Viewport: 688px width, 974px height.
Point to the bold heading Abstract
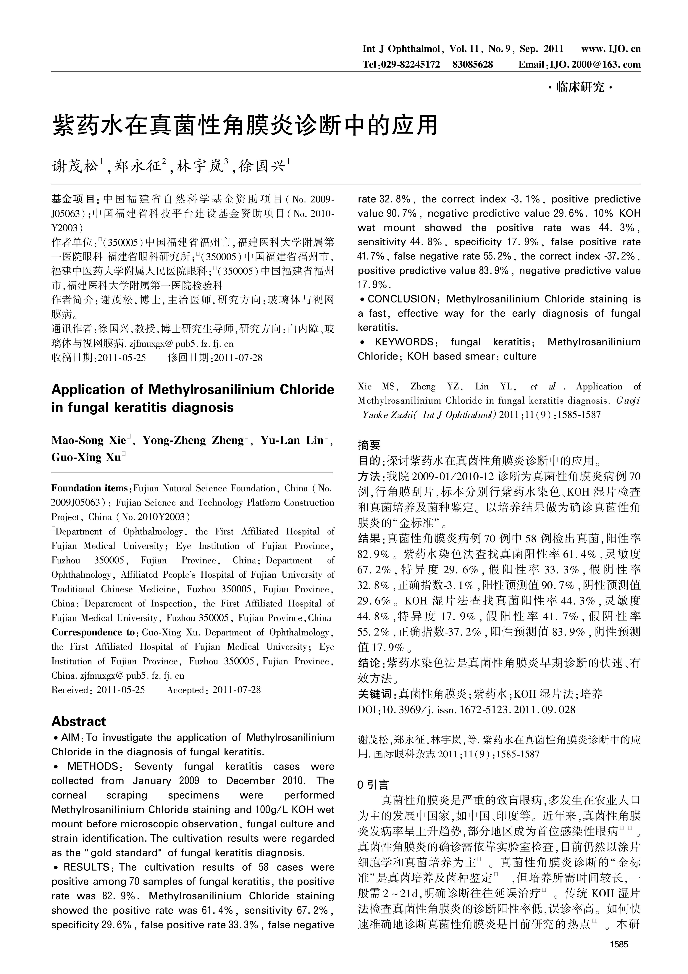tap(78, 722)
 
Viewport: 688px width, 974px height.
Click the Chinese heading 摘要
tap(369, 445)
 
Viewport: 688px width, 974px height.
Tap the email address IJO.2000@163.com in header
tap(595, 65)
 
